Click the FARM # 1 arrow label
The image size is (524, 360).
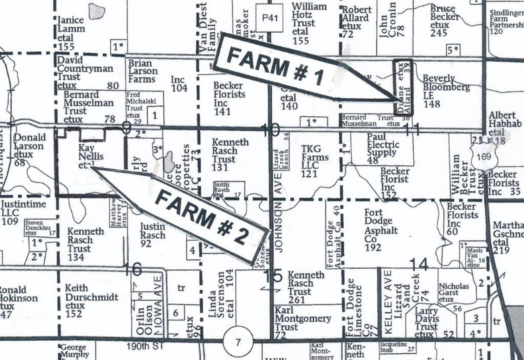click(x=275, y=68)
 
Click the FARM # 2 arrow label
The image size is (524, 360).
click(x=201, y=218)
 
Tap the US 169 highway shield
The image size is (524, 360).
click(x=483, y=156)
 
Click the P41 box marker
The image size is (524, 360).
click(x=270, y=18)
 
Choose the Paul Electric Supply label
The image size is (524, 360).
click(x=382, y=148)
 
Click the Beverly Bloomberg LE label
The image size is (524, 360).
click(x=445, y=91)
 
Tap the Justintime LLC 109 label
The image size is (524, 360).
click(x=23, y=213)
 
